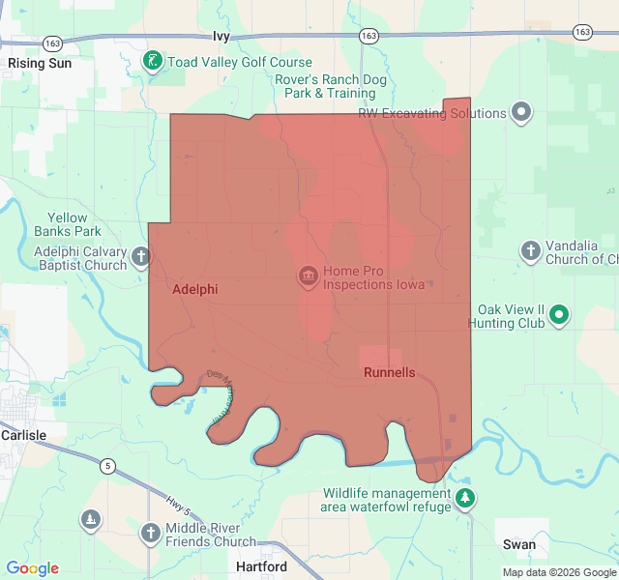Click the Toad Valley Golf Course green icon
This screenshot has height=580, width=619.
(x=152, y=62)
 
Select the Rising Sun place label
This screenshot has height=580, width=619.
(x=39, y=63)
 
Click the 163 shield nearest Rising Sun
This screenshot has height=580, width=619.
(x=53, y=43)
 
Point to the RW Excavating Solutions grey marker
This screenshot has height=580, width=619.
(x=522, y=113)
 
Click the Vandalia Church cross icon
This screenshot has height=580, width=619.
(x=530, y=252)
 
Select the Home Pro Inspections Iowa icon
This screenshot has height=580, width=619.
(x=309, y=277)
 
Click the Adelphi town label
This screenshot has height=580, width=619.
(x=194, y=289)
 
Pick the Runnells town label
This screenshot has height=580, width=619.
(x=390, y=372)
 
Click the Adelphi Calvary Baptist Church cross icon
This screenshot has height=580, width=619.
(x=141, y=257)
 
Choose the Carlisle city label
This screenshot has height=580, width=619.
(x=23, y=435)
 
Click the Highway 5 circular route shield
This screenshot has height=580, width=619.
(x=107, y=467)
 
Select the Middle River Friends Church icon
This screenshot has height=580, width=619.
(x=150, y=533)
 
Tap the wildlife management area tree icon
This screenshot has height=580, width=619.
(x=466, y=499)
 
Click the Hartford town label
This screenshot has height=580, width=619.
(x=261, y=566)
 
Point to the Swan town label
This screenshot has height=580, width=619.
(x=519, y=544)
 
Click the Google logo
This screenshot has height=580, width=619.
(x=33, y=568)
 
